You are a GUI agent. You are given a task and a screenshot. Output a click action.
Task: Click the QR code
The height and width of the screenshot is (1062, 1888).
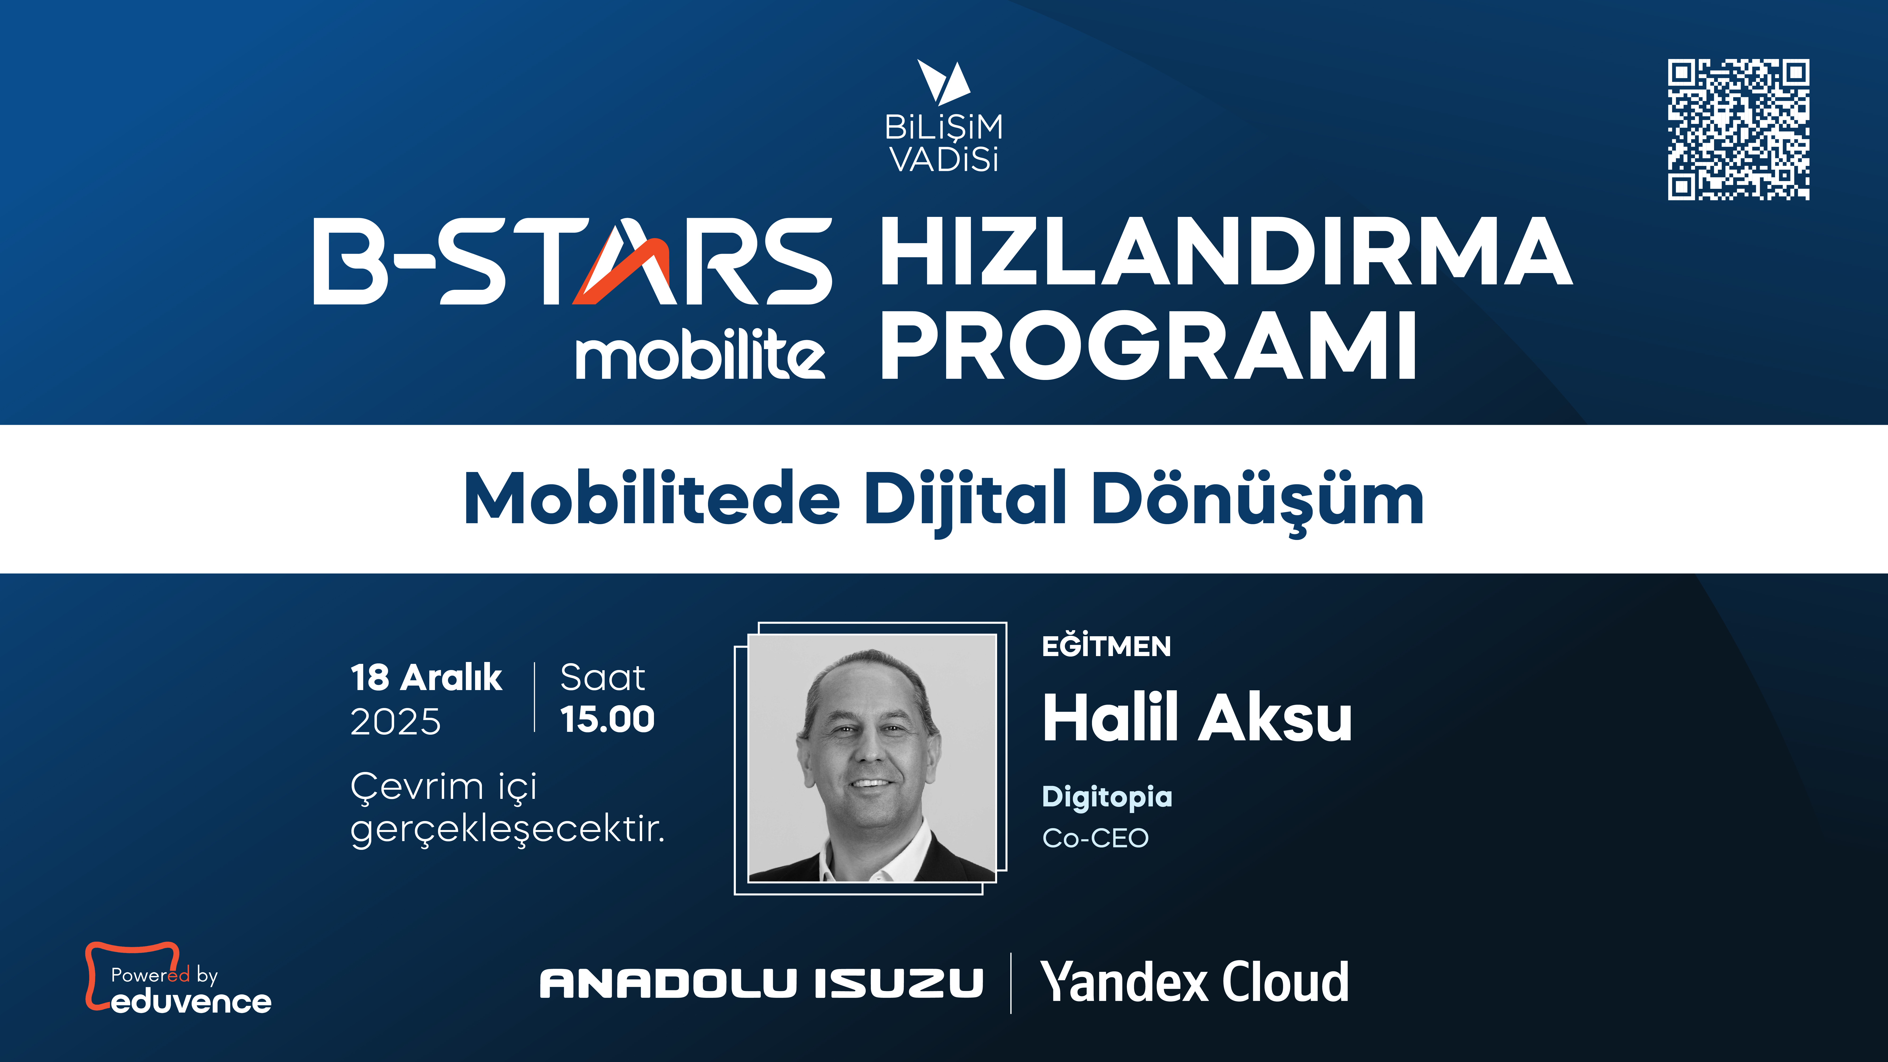pos(1738,130)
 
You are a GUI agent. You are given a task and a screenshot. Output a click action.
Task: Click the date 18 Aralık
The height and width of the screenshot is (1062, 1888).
pos(426,677)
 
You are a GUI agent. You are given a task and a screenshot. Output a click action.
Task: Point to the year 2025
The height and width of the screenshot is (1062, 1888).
pos(396,722)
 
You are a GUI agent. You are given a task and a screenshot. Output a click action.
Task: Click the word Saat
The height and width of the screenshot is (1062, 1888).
pos(603,677)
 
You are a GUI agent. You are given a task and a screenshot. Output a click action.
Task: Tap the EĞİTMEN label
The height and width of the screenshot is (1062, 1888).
pos(1106,646)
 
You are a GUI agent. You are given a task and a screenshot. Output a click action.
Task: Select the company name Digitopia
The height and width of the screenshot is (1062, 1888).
pos(1107,797)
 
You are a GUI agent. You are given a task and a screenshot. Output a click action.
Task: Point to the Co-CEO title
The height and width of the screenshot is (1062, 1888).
pos(1095,838)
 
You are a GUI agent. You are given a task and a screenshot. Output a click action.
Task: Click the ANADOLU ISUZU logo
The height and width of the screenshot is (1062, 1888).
pos(761,983)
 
